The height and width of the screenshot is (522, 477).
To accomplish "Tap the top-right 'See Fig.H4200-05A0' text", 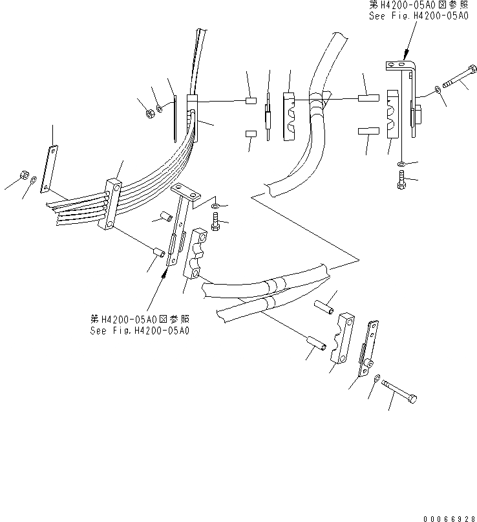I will (418, 16).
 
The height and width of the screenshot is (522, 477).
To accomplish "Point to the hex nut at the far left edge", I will (22, 175).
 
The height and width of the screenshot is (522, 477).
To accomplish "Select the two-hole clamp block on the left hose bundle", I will (110, 205).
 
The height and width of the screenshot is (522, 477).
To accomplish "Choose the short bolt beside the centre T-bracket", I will (216, 224).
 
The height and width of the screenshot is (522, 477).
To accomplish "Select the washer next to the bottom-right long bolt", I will (376, 377).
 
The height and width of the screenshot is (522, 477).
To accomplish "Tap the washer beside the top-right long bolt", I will (439, 89).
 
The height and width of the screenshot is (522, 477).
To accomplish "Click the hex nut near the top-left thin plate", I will (147, 114).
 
